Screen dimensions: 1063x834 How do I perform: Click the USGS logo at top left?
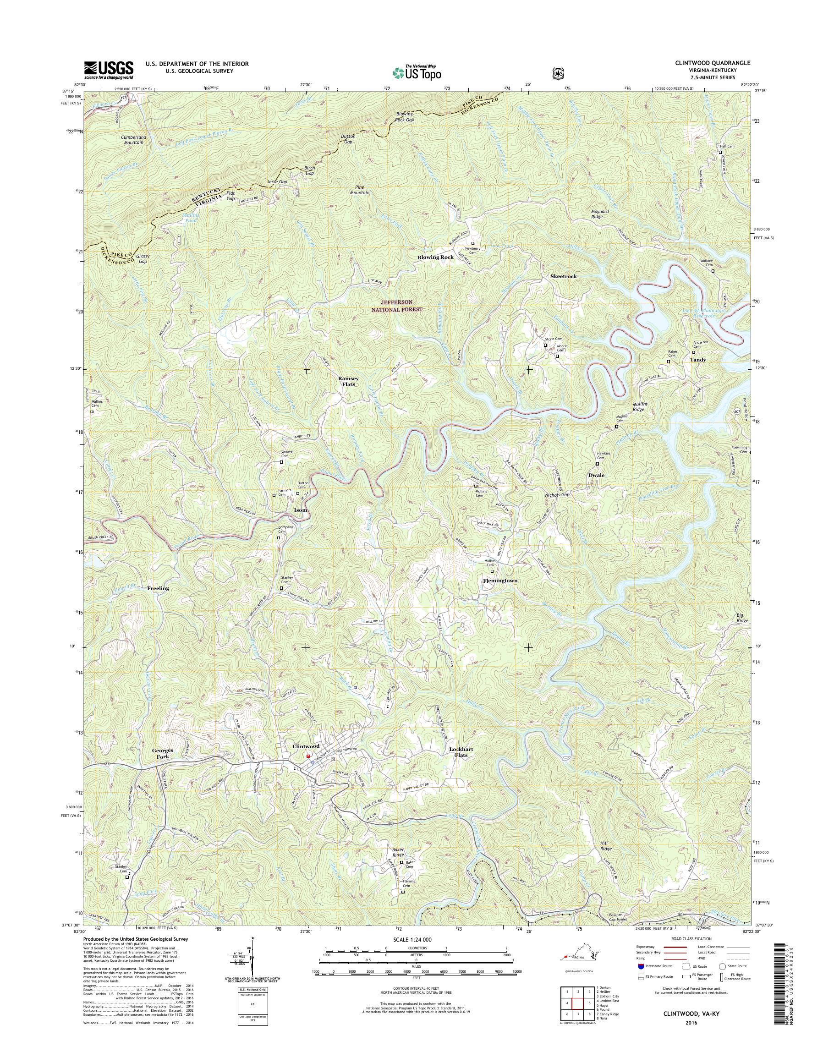109,70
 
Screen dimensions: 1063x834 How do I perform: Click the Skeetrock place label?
563,276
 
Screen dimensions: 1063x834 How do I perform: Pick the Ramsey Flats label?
349,381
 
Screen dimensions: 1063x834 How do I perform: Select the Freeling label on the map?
158,588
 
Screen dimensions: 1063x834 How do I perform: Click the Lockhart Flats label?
461,765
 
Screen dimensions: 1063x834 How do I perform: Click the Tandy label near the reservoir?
697,360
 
